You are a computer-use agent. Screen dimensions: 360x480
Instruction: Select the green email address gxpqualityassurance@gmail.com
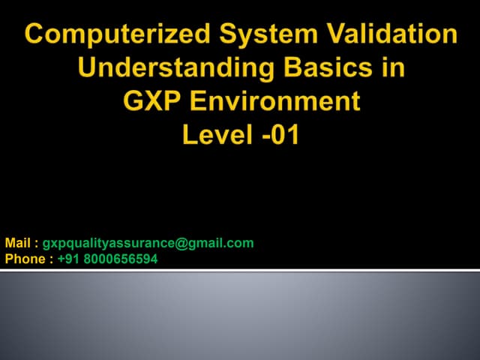click(x=148, y=243)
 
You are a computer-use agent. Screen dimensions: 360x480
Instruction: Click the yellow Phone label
click(x=24, y=259)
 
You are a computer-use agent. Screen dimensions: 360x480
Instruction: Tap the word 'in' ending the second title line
click(x=393, y=69)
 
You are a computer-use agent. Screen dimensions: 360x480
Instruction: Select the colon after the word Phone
click(x=50, y=260)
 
